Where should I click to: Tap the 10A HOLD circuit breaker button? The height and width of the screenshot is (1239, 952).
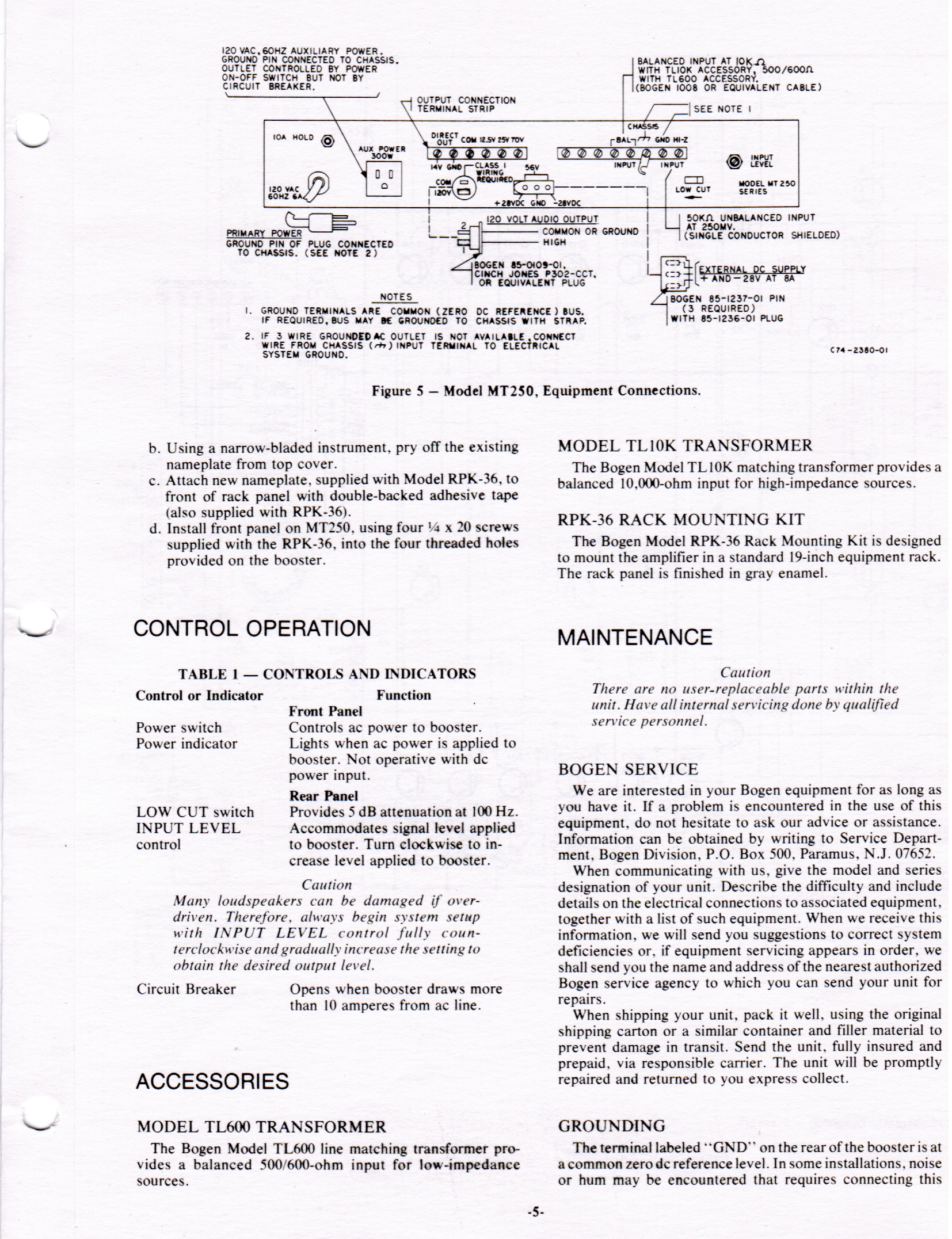328,141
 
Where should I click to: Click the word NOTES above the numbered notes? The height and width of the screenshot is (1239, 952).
397,297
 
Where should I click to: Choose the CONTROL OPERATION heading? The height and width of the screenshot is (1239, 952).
252,628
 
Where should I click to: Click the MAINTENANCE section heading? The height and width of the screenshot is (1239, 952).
635,637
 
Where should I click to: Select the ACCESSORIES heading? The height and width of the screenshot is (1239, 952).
212,1081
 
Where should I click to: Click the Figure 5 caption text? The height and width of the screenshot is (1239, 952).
536,391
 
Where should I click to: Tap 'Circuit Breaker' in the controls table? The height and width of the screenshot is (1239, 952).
186,989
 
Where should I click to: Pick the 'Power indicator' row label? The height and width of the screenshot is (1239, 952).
186,744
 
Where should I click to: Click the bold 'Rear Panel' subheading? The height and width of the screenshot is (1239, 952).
323,796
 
